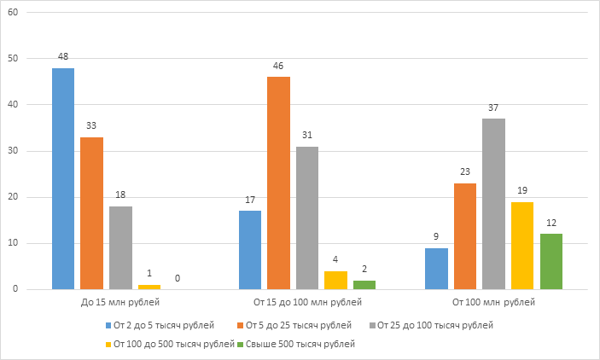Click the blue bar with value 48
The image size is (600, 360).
[x=63, y=179]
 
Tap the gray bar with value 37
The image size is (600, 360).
[x=493, y=204]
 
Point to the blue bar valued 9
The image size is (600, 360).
[x=436, y=269]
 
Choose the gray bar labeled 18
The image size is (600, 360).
[x=120, y=248]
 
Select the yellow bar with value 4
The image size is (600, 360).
[x=335, y=281]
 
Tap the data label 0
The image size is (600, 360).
[x=178, y=278]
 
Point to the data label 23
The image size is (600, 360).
[x=465, y=171]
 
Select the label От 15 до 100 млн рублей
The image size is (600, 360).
[x=303, y=302]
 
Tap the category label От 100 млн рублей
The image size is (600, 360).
[x=493, y=302]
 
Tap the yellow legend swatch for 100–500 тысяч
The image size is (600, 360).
[x=109, y=345]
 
